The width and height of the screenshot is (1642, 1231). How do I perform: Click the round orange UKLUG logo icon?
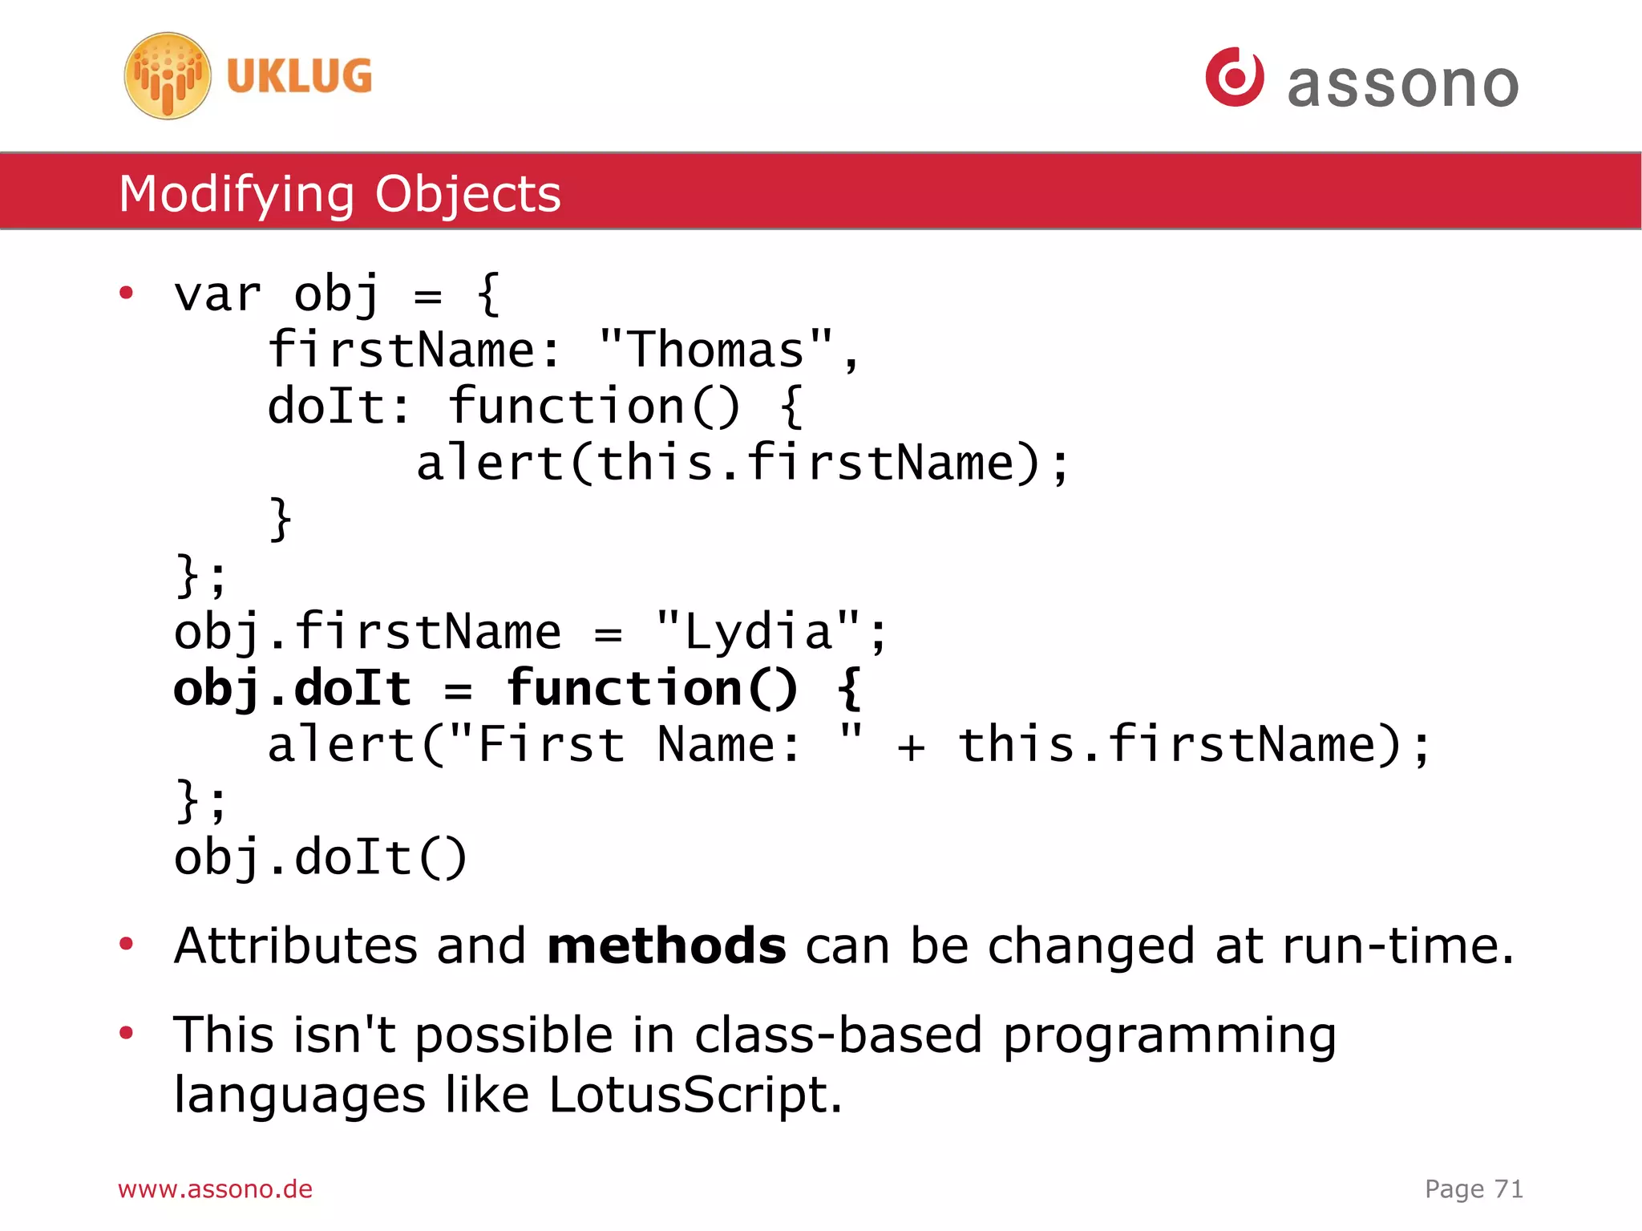click(x=168, y=76)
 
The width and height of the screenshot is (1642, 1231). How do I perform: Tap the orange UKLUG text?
click(x=299, y=77)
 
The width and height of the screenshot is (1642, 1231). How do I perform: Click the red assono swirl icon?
click(x=1234, y=77)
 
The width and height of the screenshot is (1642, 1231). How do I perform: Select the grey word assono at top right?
click(x=1402, y=84)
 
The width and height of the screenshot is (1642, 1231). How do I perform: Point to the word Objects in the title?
click(x=467, y=194)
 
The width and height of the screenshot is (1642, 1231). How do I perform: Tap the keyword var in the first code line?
click(x=217, y=294)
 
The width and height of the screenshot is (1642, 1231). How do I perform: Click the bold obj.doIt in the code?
click(x=293, y=688)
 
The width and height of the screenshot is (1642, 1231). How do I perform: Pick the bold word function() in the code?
click(x=652, y=688)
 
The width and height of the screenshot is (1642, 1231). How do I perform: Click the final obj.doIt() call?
click(x=320, y=857)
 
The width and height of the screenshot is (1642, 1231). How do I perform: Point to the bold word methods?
click(x=665, y=946)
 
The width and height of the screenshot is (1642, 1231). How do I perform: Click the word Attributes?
click(x=296, y=946)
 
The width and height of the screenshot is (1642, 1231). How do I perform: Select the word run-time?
click(x=1397, y=946)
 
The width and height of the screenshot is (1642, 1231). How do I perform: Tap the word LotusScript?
click(x=695, y=1095)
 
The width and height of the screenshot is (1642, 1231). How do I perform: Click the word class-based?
click(x=838, y=1035)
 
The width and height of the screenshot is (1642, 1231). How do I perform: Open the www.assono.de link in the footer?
click(x=215, y=1188)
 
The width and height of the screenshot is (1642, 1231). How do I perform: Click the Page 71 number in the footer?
click(x=1473, y=1188)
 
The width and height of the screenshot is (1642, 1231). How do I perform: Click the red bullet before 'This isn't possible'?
click(x=126, y=1032)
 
